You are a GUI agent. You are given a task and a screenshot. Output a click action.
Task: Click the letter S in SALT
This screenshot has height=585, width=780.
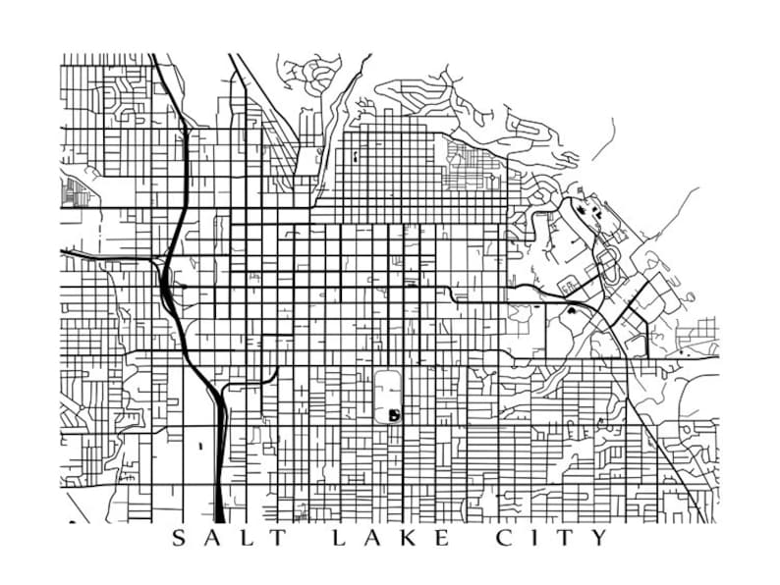point(178,538)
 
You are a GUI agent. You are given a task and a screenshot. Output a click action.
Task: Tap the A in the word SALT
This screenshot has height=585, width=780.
point(210,538)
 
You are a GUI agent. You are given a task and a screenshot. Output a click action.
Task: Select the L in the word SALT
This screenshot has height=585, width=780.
point(244,538)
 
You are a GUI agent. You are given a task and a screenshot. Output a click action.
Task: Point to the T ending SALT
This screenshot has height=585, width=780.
point(279,538)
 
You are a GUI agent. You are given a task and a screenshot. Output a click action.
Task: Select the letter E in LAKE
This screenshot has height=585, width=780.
point(441,538)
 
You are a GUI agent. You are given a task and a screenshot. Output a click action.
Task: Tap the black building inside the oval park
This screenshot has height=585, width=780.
point(394,415)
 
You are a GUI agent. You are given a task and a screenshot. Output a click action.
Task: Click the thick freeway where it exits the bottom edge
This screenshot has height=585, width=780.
point(218,512)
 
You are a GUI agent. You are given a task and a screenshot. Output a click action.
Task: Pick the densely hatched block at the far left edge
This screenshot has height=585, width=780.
point(71,192)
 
